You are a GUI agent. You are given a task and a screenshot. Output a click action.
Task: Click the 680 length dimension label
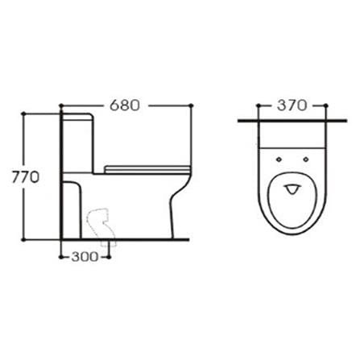click(125, 106)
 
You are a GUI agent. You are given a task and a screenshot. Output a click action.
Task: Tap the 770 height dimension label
click(26, 177)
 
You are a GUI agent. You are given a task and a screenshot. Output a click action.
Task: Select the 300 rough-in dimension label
click(85, 257)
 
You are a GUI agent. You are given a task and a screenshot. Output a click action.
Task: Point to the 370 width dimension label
click(292, 106)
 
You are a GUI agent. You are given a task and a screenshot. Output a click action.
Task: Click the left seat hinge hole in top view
click(279, 159)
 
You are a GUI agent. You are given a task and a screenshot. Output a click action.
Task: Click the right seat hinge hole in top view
click(306, 159)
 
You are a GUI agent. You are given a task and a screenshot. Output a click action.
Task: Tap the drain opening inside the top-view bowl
click(292, 189)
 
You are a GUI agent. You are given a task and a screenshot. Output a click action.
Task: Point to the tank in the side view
click(78, 143)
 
